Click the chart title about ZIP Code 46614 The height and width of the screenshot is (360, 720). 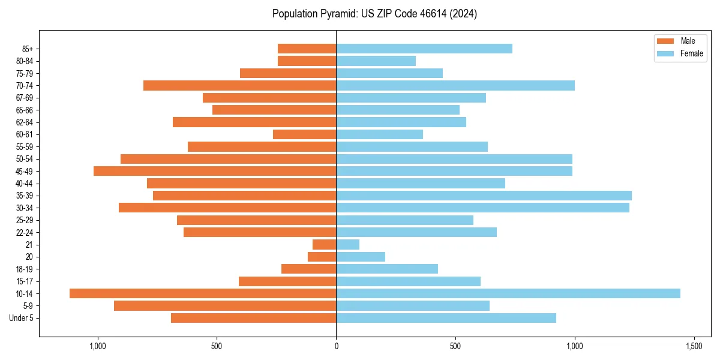click(x=374, y=14)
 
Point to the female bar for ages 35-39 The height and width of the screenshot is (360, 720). click(x=484, y=196)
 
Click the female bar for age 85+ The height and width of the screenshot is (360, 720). click(x=424, y=49)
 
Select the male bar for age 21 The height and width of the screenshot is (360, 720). click(x=325, y=244)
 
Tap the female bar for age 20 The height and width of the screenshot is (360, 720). click(x=361, y=257)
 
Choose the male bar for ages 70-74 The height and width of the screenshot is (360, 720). click(x=240, y=85)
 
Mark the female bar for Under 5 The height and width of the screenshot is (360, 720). click(x=446, y=318)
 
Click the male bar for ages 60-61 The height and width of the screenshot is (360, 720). click(x=305, y=134)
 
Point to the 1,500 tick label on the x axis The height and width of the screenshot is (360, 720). click(x=694, y=346)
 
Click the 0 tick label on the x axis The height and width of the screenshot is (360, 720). click(x=336, y=346)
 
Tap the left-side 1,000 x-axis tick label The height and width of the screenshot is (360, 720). click(x=98, y=346)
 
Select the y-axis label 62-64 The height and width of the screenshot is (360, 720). click(x=25, y=122)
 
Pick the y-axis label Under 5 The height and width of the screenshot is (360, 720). click(x=22, y=318)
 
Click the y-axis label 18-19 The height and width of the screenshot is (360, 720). click(x=25, y=269)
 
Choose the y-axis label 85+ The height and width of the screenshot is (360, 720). click(x=27, y=49)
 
